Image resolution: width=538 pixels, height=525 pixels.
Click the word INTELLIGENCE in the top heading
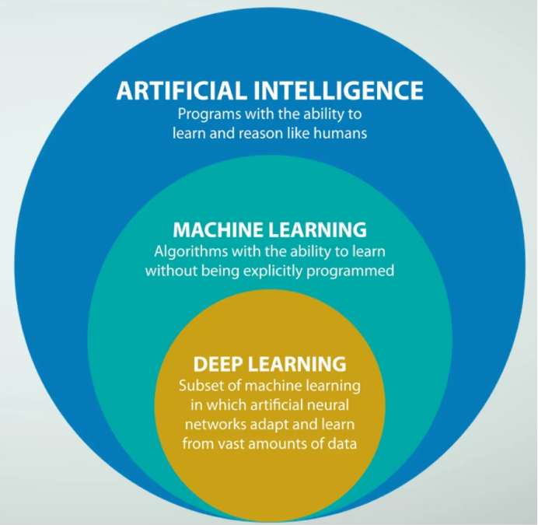coord(339,90)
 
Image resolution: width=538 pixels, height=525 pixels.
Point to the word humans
coord(341,133)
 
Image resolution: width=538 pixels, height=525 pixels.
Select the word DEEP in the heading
coord(217,364)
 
